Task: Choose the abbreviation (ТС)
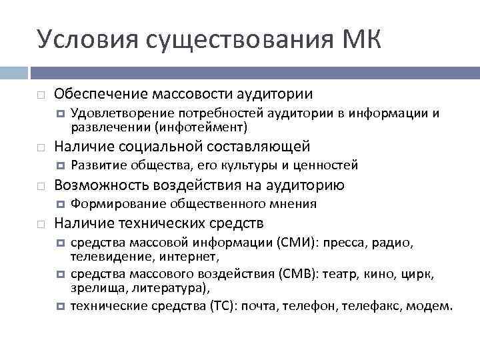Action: pos(221,307)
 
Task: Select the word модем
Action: pos(433,307)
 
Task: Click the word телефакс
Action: pos(371,307)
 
